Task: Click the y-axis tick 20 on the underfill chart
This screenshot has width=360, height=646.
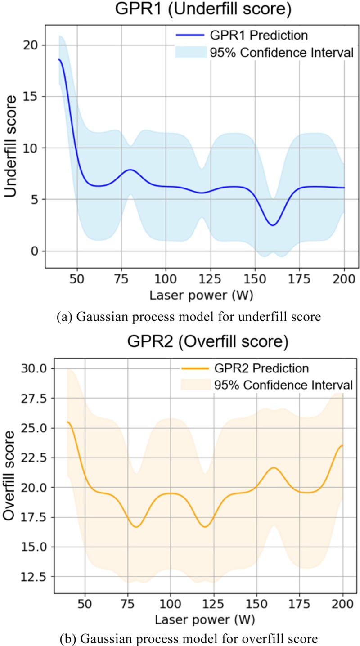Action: [x=31, y=45]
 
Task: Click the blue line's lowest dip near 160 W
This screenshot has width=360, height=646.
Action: [x=273, y=225]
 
